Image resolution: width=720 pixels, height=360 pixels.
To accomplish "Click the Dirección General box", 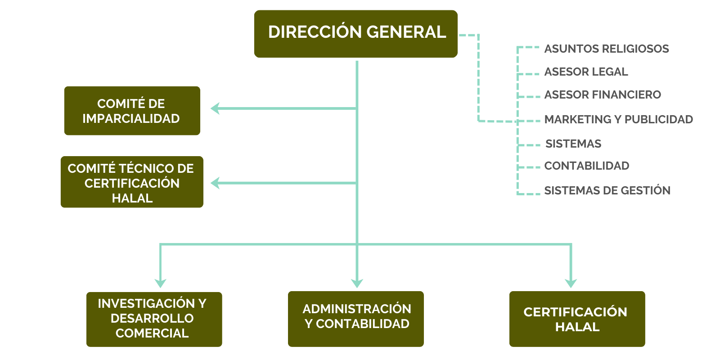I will click(355, 34).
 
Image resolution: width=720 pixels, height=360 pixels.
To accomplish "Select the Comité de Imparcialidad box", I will click(132, 111).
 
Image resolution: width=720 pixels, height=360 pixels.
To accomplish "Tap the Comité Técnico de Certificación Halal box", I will click(132, 182).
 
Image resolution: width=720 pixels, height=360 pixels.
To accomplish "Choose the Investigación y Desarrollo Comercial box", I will click(154, 319).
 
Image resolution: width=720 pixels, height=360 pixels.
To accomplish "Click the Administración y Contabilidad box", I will click(355, 319).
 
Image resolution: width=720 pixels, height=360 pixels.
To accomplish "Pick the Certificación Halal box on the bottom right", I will click(577, 319).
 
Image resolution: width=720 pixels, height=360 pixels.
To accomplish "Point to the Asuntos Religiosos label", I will click(606, 49).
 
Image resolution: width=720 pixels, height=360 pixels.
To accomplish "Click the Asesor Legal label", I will click(586, 72).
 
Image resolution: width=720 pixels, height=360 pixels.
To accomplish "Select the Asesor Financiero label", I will click(603, 94).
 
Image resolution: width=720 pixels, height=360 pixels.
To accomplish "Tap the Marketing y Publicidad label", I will click(618, 119).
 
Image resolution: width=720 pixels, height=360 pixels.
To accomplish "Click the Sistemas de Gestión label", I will click(607, 190).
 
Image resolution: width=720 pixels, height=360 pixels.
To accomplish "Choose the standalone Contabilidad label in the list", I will click(586, 166).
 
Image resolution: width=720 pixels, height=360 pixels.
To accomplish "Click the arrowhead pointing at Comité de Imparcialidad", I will click(216, 108).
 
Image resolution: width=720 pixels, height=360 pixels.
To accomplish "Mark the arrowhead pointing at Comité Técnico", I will click(216, 183).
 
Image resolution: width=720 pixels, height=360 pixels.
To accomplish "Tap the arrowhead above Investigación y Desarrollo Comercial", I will click(160, 283).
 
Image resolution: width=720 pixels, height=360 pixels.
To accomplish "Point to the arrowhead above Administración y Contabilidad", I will click(357, 283).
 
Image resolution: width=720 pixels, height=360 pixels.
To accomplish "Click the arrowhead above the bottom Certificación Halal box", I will click(571, 283).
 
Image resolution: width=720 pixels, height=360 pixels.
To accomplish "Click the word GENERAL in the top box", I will click(406, 32).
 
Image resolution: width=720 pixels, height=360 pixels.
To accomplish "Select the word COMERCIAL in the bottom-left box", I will click(152, 333).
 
